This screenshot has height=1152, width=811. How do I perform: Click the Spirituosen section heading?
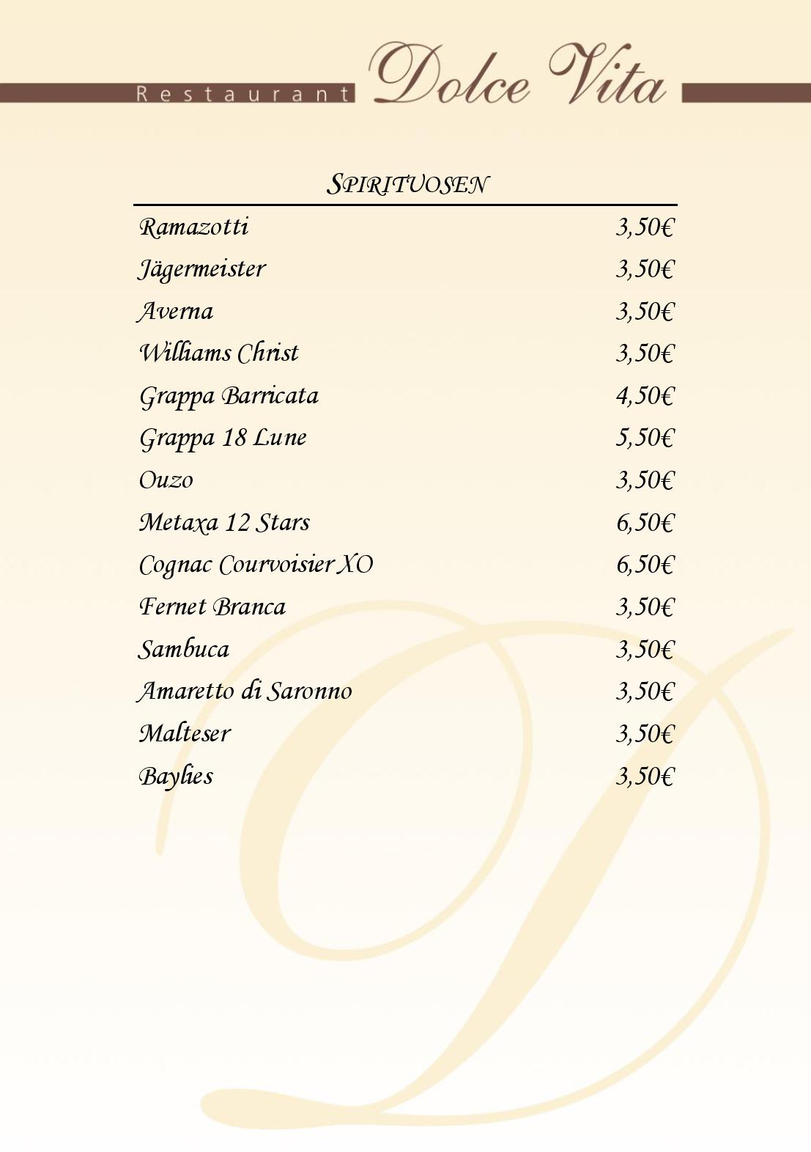point(407,184)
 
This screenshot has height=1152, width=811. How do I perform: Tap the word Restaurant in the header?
point(244,94)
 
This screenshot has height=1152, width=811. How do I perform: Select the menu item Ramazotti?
point(194,227)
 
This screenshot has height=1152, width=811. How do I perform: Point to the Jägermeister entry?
point(202,269)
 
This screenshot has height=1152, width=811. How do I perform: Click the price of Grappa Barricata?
point(644,396)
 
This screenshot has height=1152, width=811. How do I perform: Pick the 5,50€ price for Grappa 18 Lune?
point(644,438)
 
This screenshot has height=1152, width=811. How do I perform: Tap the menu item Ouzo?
point(166,480)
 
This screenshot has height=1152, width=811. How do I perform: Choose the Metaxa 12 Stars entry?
point(224,523)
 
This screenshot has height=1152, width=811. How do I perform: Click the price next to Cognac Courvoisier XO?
point(644,565)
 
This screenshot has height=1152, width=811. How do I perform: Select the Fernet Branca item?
point(212,607)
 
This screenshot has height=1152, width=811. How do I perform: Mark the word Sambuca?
point(184,650)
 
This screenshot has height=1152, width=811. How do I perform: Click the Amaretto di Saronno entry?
point(245,691)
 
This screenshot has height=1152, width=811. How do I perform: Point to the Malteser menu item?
point(185,733)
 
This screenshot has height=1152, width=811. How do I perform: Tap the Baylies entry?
point(176,776)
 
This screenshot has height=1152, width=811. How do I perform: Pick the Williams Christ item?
point(219,353)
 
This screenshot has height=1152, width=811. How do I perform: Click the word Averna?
point(176,312)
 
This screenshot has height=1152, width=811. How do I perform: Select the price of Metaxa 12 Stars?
point(644,523)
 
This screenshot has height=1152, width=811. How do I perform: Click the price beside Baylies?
point(644,776)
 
